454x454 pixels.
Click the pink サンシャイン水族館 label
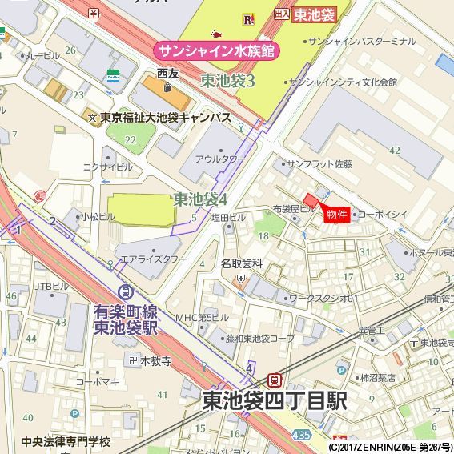pyautogui.click(x=215, y=50)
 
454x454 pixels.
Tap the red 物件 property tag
pyautogui.click(x=335, y=214)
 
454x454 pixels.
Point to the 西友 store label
pyautogui.click(x=168, y=74)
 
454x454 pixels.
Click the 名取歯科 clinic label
pyautogui.click(x=242, y=263)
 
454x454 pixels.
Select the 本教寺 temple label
pyautogui.click(x=156, y=361)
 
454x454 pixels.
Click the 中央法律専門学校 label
pyautogui.click(x=66, y=442)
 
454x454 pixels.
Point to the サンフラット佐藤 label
pyautogui.click(x=319, y=163)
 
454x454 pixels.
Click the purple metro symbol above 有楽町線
pyautogui.click(x=124, y=293)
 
